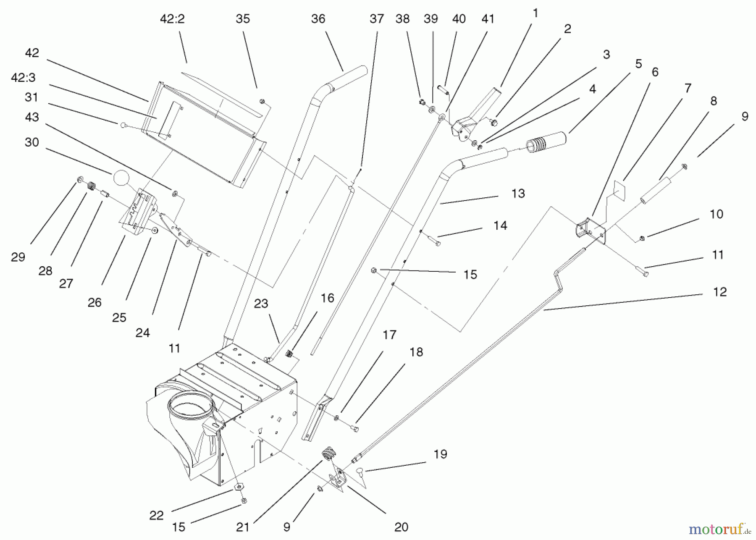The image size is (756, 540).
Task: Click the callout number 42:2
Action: (172, 19)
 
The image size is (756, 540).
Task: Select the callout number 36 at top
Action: (318, 19)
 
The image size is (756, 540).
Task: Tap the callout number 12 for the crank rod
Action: (719, 292)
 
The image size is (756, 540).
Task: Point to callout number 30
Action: (31, 142)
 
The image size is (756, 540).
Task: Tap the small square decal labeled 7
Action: (619, 186)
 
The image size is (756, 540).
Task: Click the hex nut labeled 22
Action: (239, 487)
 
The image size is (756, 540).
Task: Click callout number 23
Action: (261, 304)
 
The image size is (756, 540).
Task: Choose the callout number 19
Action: (440, 454)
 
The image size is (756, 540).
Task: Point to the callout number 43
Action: (32, 117)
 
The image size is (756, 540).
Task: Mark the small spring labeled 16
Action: (289, 354)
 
